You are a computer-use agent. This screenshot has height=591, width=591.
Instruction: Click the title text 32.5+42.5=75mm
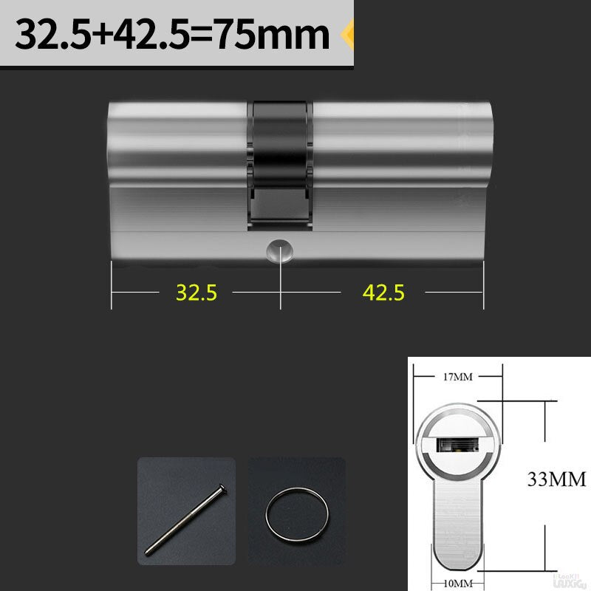(x=172, y=34)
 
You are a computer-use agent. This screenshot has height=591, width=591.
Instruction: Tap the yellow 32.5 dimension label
(x=196, y=293)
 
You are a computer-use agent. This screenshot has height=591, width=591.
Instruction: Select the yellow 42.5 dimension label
(x=383, y=293)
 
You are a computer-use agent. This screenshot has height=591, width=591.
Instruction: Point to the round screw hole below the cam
(x=280, y=251)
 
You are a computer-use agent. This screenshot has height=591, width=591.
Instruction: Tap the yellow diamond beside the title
(x=347, y=34)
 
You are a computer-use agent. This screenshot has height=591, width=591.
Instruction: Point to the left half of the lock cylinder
(x=177, y=185)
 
